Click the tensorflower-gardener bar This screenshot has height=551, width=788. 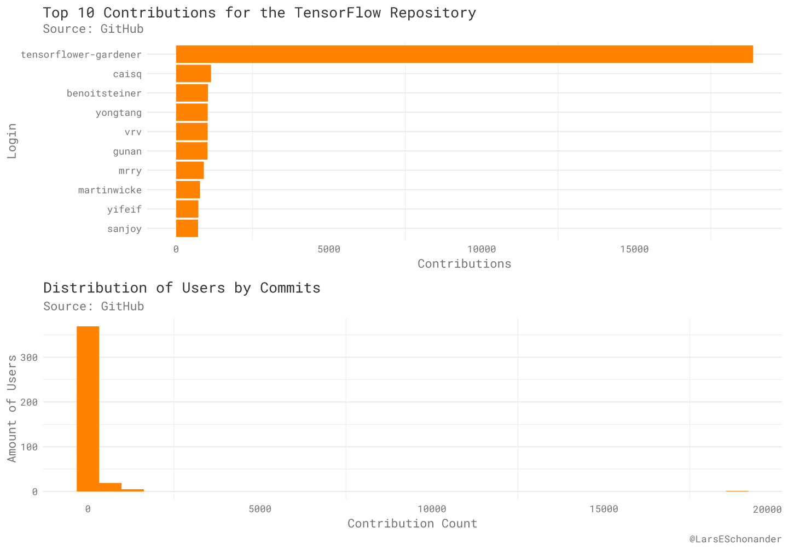click(464, 54)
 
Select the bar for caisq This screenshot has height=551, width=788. click(193, 74)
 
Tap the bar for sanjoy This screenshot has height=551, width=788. click(187, 228)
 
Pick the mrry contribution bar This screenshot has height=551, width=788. click(189, 171)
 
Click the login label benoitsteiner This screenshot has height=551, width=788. click(104, 93)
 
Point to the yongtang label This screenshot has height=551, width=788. click(118, 113)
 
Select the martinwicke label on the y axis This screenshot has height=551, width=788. click(109, 190)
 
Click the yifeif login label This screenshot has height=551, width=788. click(124, 209)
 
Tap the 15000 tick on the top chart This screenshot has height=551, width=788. click(634, 249)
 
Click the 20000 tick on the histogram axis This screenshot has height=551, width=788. click(767, 509)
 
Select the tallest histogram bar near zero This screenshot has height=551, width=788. click(88, 409)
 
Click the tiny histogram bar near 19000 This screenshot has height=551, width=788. click(737, 491)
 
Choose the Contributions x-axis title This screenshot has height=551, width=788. click(464, 264)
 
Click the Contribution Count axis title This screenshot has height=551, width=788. click(412, 524)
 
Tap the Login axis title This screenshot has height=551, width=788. click(12, 141)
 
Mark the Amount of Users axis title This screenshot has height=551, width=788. click(12, 408)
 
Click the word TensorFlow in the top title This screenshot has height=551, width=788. click(337, 13)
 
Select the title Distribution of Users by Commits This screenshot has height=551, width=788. click(182, 288)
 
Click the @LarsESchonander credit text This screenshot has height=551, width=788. click(735, 540)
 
